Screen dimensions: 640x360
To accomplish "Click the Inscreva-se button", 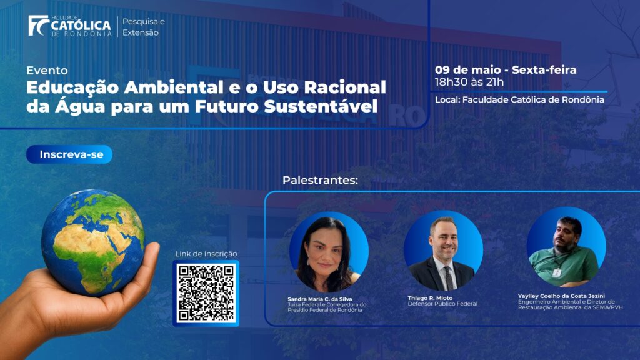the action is click(x=69, y=154).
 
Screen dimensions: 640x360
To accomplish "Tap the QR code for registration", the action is click(x=206, y=293).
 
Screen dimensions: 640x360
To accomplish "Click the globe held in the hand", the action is click(x=93, y=242).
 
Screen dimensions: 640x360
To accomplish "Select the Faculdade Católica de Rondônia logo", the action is click(x=70, y=26).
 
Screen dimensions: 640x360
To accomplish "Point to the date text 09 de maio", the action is click(x=467, y=70).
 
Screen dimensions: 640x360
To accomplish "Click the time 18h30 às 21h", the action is click(x=469, y=82).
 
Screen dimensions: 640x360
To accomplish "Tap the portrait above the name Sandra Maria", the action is click(x=329, y=251).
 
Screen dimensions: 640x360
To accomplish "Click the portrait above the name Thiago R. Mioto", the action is click(x=444, y=250).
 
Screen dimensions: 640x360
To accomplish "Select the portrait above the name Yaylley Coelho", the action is click(x=566, y=247).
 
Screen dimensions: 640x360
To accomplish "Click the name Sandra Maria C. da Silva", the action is click(x=319, y=299).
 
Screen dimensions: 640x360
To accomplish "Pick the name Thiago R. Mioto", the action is click(x=430, y=298).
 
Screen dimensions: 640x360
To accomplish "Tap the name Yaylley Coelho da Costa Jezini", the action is click(x=562, y=296).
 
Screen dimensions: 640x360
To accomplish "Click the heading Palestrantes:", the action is click(x=321, y=180).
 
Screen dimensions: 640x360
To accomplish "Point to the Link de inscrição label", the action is click(x=206, y=254).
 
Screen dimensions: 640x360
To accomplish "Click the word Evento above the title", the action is click(x=47, y=70).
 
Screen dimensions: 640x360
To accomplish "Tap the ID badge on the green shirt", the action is click(x=557, y=272).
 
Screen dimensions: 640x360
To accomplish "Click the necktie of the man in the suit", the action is click(x=449, y=277).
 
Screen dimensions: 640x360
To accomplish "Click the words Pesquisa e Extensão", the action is click(x=144, y=27).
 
